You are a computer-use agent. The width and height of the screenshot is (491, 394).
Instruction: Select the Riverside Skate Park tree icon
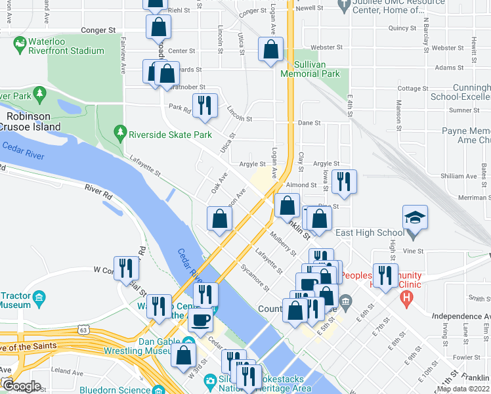click(x=119, y=133)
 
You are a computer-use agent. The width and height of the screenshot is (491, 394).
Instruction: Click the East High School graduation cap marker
click(x=416, y=217)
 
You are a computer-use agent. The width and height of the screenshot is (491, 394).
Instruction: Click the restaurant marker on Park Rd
click(x=204, y=106)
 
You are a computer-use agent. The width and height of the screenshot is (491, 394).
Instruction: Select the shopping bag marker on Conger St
click(x=158, y=27)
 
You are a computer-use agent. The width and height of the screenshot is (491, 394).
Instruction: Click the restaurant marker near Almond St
click(x=343, y=181)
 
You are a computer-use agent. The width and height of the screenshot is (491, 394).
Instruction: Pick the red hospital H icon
click(x=407, y=299)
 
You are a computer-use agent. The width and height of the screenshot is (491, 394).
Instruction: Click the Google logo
click(x=22, y=386)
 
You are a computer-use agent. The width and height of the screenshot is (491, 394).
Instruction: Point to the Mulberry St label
click(x=284, y=241)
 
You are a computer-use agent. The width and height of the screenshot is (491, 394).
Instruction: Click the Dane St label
click(x=309, y=122)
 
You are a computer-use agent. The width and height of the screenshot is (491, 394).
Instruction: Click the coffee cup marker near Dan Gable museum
click(x=200, y=320)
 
